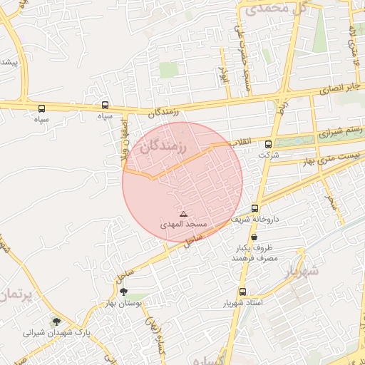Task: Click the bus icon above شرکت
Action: click(x=268, y=143)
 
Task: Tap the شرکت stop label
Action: click(x=268, y=154)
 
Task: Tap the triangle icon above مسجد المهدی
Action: click(x=183, y=214)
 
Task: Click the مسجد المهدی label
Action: click(x=183, y=224)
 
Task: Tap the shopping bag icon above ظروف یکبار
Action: click(x=254, y=237)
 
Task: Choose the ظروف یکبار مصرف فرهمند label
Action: click(x=253, y=252)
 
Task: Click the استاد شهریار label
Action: click(x=243, y=303)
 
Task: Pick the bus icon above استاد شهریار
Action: click(x=243, y=292)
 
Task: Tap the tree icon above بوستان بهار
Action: click(x=123, y=292)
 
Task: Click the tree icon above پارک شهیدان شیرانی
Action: click(x=56, y=322)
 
